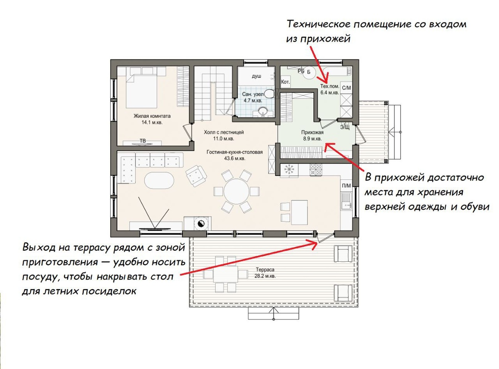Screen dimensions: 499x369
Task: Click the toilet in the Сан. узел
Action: pyautogui.click(x=269, y=94)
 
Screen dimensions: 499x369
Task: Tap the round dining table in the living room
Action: pyautogui.click(x=236, y=191)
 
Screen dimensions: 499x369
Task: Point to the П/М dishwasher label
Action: pyautogui.click(x=346, y=186)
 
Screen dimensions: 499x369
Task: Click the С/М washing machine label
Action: pyautogui.click(x=346, y=88)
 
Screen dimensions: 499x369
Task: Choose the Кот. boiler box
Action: pyautogui.click(x=285, y=82)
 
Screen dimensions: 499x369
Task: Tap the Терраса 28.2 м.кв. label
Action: pyautogui.click(x=265, y=272)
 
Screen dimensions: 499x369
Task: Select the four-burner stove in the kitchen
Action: pyautogui.click(x=316, y=170)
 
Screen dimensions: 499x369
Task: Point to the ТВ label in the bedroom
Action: pyautogui.click(x=143, y=141)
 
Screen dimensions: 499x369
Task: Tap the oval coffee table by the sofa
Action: pyautogui.click(x=159, y=181)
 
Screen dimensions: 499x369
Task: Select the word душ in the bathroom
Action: pyautogui.click(x=257, y=76)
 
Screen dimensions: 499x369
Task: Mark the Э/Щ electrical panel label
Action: pyautogui.click(x=345, y=127)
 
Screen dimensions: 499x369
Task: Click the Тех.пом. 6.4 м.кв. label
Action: pyautogui.click(x=330, y=89)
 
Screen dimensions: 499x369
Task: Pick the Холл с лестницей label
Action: pyautogui.click(x=224, y=132)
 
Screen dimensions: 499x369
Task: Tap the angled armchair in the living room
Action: pyautogui.click(x=196, y=176)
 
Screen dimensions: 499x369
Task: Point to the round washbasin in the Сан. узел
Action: pyautogui.click(x=262, y=111)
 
